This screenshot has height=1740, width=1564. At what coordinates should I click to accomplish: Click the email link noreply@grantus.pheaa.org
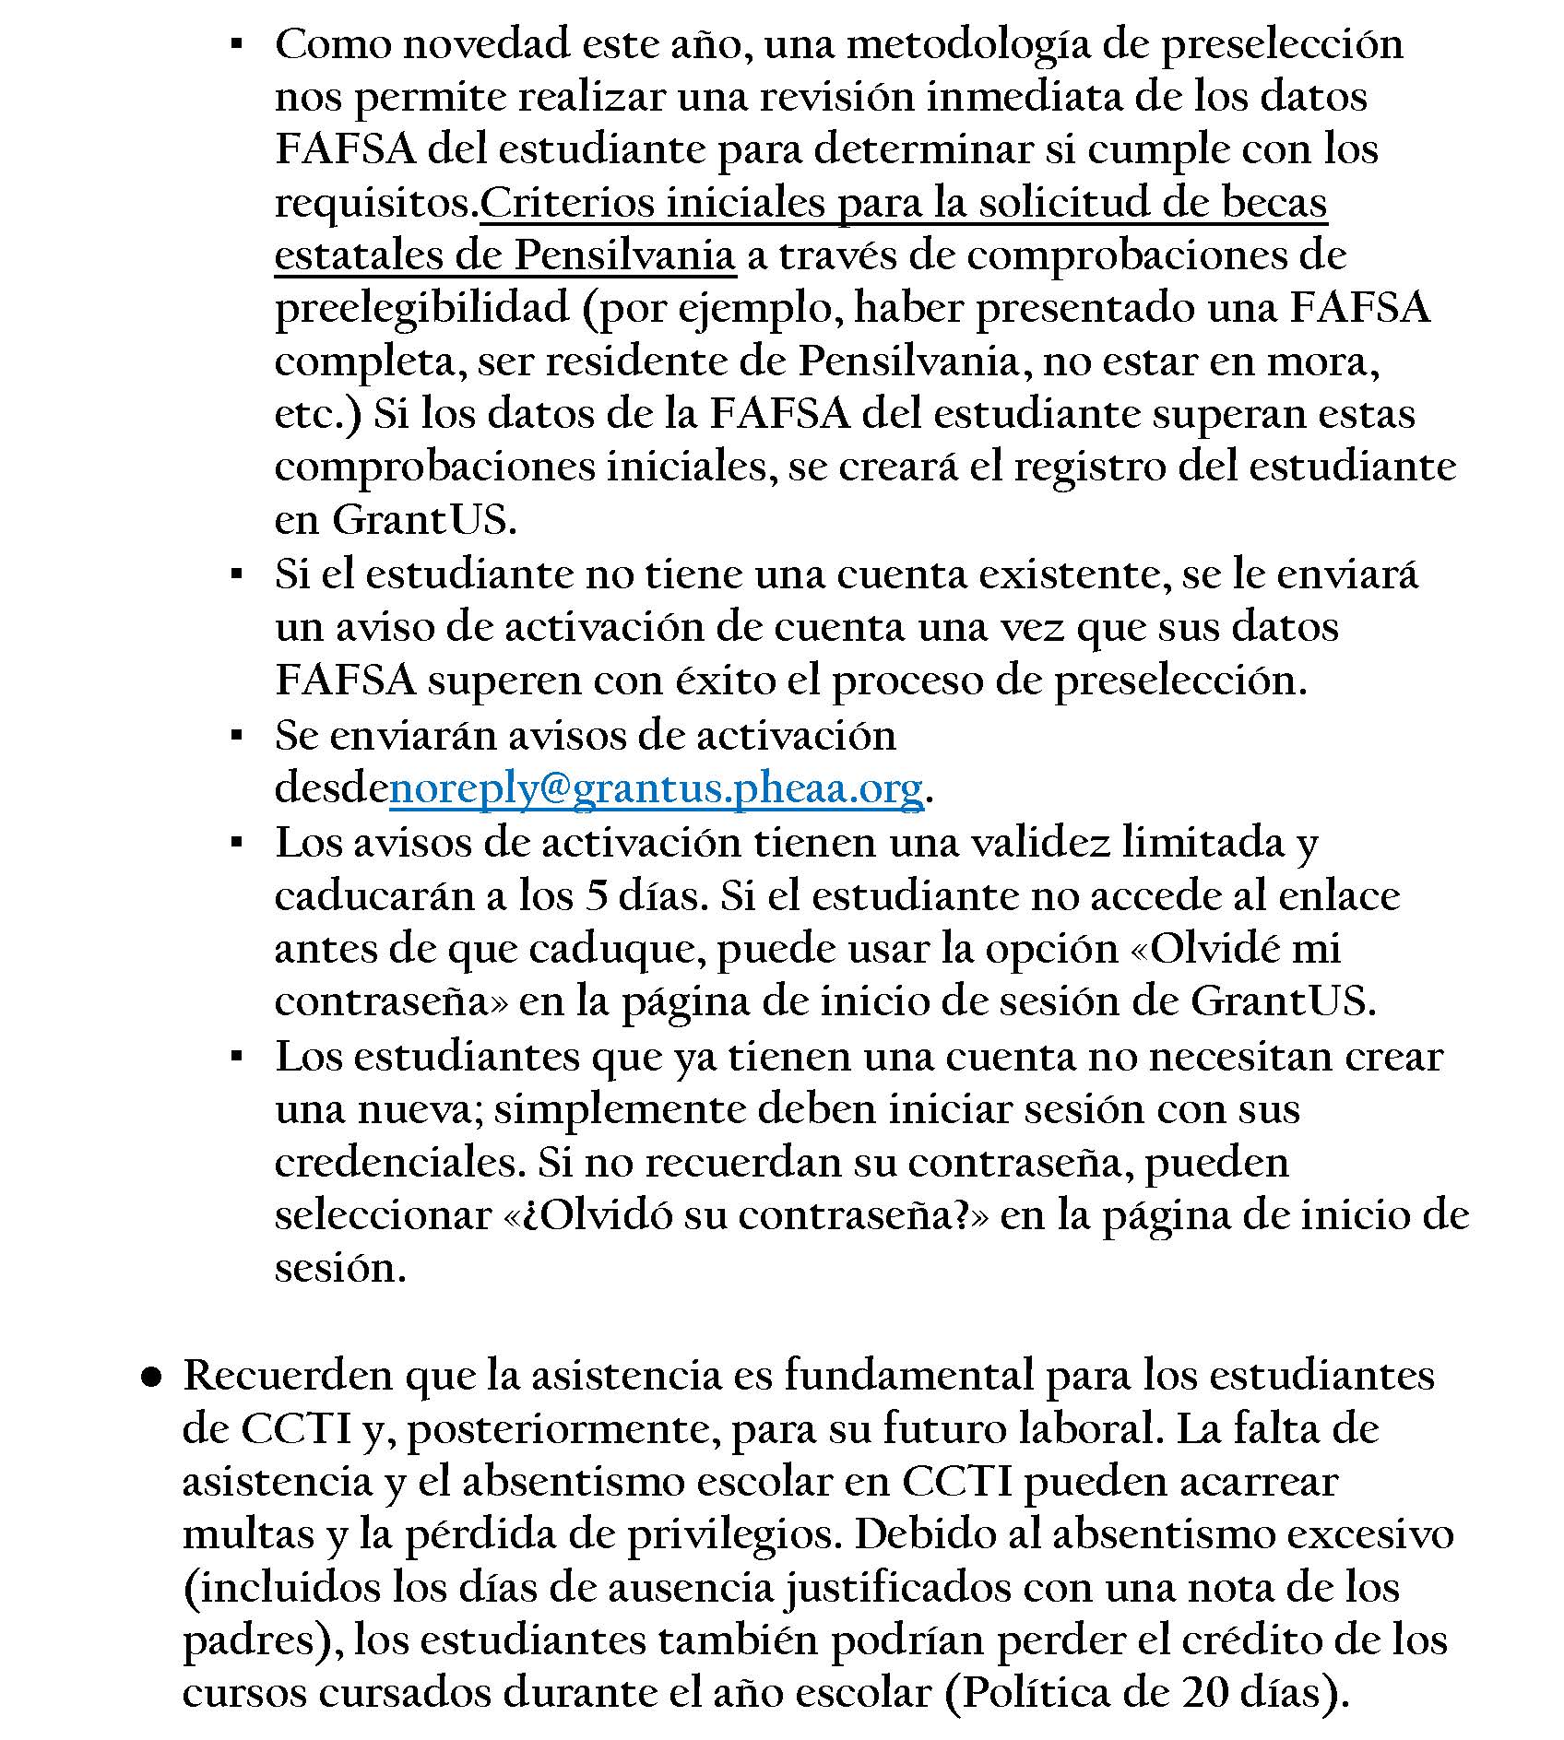coord(656,789)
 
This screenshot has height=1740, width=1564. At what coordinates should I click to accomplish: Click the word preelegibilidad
coord(421,309)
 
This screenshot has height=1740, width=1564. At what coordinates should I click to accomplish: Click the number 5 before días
coord(597,896)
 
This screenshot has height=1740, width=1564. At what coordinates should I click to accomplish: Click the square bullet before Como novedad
coord(237,44)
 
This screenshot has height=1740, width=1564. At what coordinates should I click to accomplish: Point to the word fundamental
coord(908,1375)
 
